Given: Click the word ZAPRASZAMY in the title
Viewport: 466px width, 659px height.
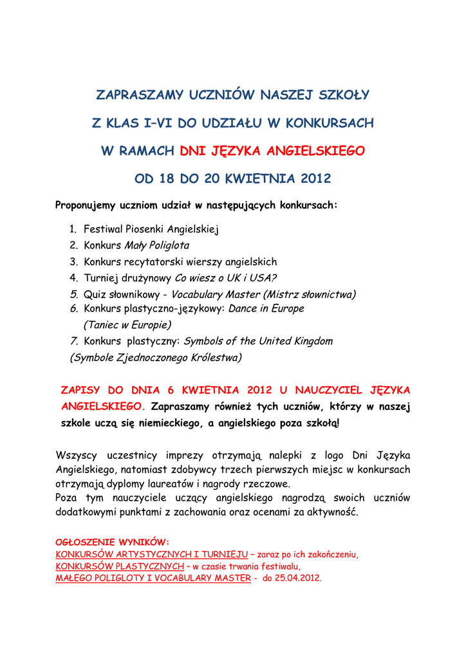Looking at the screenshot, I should pyautogui.click(x=140, y=95).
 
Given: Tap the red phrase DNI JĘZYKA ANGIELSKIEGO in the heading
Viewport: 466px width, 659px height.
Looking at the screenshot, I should pyautogui.click(x=272, y=151).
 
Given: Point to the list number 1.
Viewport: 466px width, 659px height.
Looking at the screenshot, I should pyautogui.click(x=73, y=229).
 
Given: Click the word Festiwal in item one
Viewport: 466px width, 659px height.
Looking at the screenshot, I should pyautogui.click(x=104, y=229).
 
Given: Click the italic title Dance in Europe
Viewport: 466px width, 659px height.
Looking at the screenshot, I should pyautogui.click(x=266, y=309).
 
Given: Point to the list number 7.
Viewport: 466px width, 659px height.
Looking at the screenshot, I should pyautogui.click(x=73, y=341).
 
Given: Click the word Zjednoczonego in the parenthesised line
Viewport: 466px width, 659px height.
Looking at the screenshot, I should pyautogui.click(x=153, y=357).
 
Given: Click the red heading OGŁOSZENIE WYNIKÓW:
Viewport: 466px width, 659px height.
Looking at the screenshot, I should pyautogui.click(x=113, y=542).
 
